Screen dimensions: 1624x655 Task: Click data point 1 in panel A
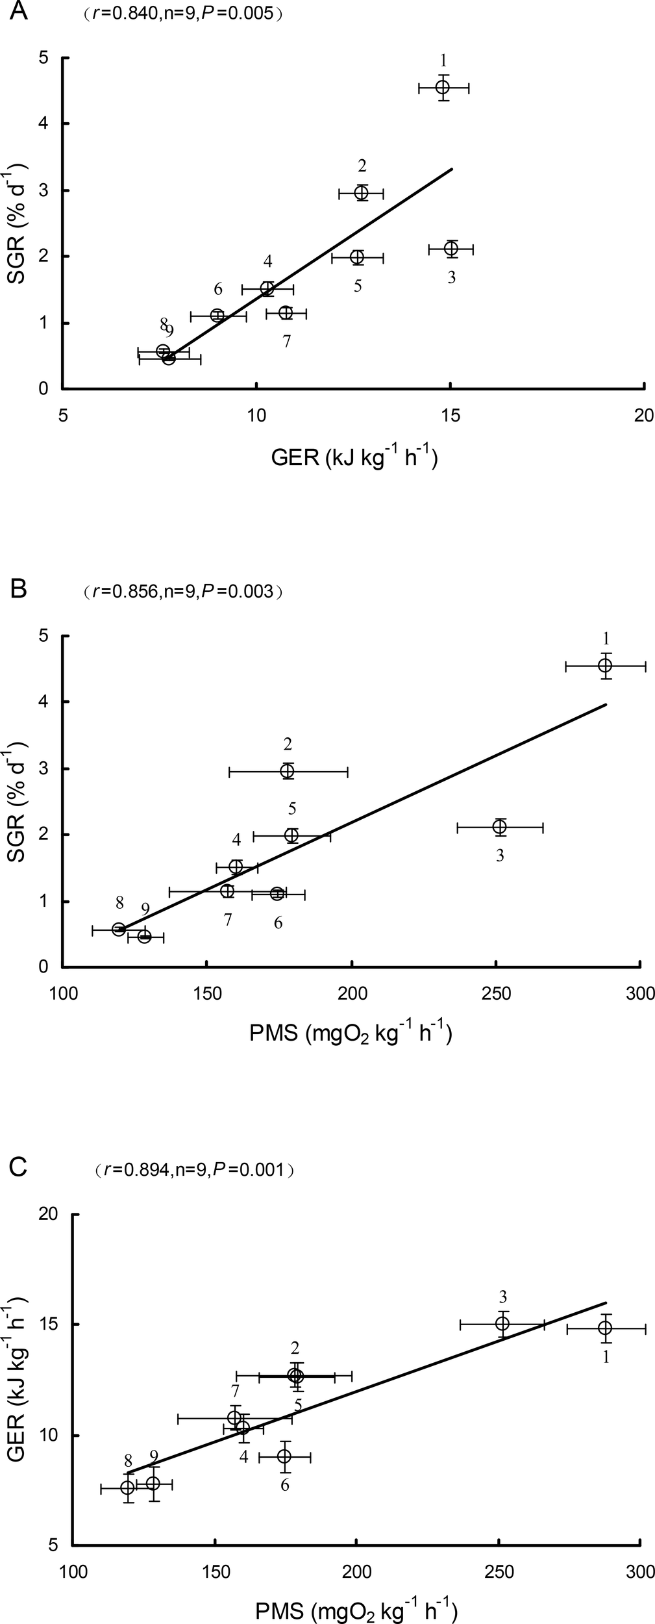tap(443, 87)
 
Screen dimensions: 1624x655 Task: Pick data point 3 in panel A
tap(451, 248)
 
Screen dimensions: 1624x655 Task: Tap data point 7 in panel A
tap(286, 313)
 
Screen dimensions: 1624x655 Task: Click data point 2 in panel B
tap(288, 771)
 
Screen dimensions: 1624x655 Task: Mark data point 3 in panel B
tap(499, 827)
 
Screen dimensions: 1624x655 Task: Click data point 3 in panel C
tap(502, 1319)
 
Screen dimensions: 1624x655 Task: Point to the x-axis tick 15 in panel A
tap(451, 416)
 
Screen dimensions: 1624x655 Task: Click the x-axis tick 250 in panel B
tap(496, 994)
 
